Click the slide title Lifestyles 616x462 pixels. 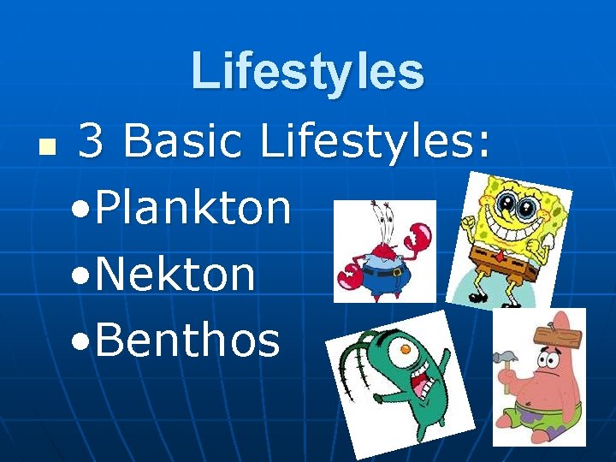[x=307, y=71]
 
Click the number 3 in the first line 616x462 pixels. [x=92, y=140]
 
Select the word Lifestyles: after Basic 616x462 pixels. [x=376, y=140]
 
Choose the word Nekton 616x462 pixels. [x=175, y=275]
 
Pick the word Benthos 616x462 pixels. [x=187, y=341]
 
